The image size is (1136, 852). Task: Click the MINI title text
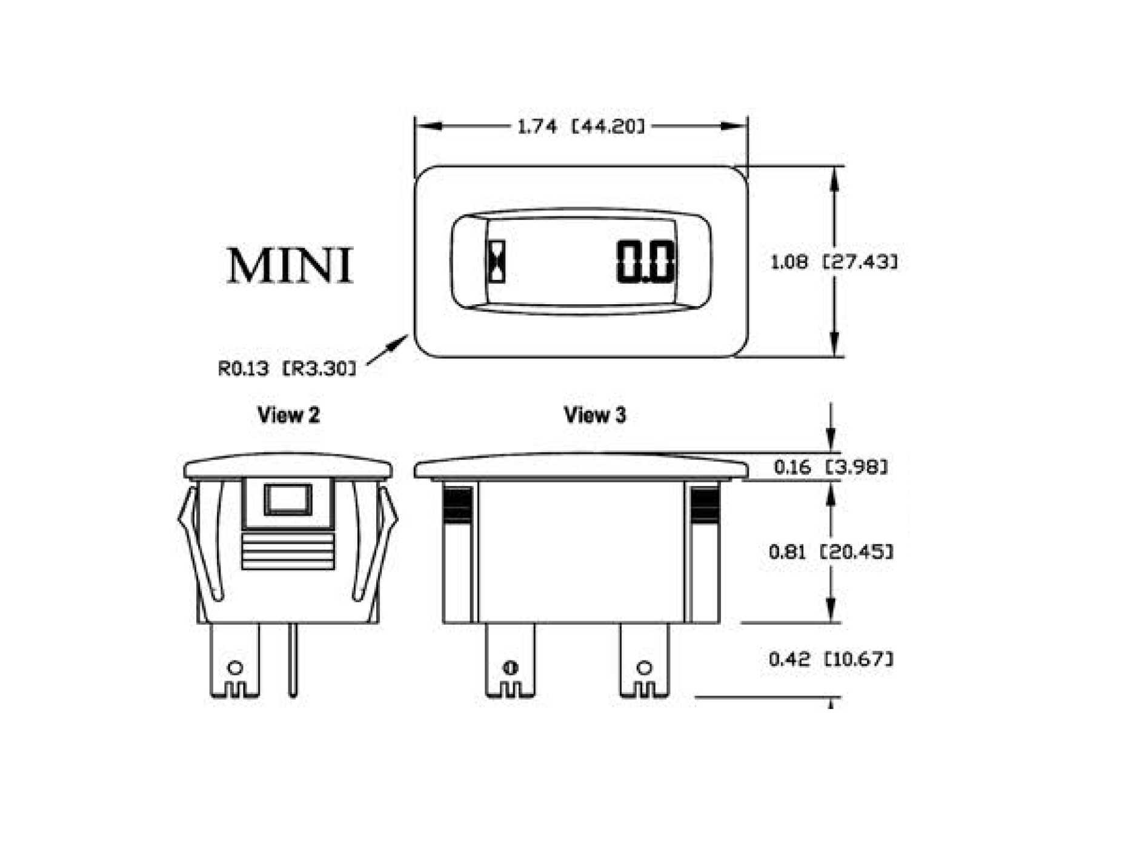290,265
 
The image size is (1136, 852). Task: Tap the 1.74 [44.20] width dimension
580,127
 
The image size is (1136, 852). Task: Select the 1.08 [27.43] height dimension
834,262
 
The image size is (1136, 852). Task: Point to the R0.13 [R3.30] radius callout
287,368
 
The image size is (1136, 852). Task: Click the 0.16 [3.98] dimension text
831,467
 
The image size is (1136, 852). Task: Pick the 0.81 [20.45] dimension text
831,551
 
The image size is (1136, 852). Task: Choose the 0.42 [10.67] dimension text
831,659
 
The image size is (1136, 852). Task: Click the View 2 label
288,415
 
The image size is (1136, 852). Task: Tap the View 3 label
594,415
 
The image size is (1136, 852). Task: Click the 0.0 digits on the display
645,262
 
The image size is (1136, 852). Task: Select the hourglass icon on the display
497,262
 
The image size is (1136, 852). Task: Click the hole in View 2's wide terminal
235,668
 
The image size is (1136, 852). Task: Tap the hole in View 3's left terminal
510,668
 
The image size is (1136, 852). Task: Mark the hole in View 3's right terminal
645,668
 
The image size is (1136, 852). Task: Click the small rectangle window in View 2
288,499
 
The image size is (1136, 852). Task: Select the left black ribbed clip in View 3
457,504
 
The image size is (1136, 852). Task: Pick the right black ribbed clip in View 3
705,504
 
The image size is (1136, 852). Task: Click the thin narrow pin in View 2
293,661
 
